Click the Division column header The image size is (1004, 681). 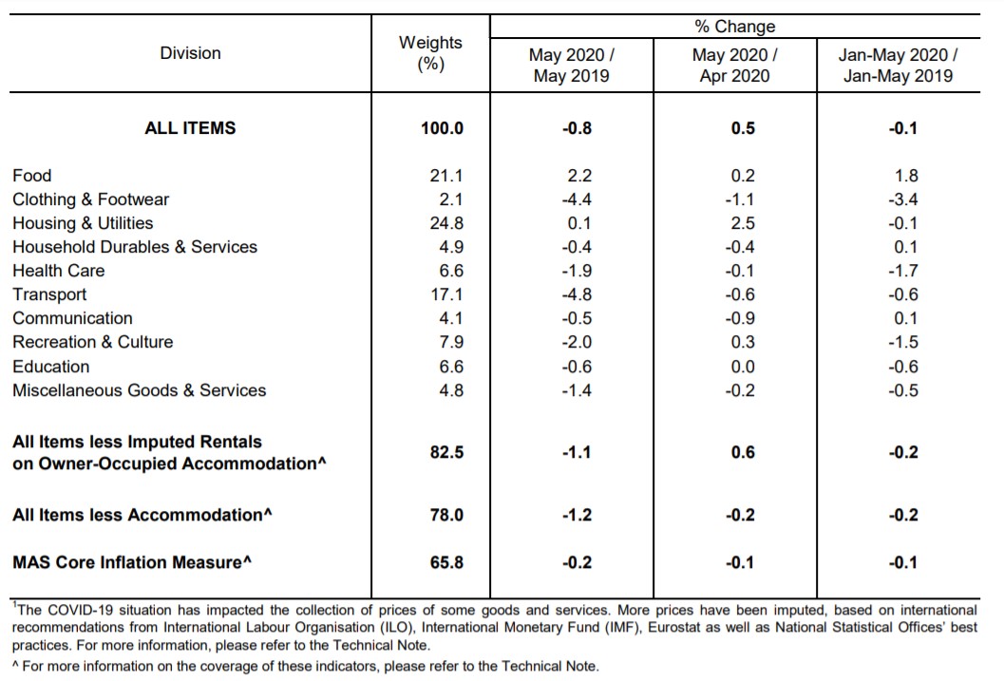190,53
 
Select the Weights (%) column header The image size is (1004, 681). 430,53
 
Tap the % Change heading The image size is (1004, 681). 734,27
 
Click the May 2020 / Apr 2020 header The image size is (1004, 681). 734,66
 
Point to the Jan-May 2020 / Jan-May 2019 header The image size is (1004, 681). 898,66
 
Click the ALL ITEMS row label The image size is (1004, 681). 190,128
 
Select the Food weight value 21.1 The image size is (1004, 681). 446,176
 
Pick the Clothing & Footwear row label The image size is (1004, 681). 91,199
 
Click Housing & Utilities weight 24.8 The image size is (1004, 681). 446,223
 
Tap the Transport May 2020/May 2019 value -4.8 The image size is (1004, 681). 577,294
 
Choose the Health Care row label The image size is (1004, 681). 58,271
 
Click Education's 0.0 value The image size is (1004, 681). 743,367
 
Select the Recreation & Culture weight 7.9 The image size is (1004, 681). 451,343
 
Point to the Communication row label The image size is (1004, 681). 72,318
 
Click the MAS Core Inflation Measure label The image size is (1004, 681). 132,562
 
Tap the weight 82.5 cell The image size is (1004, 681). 446,452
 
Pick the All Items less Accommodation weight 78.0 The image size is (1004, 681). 446,515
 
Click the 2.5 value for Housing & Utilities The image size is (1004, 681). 743,223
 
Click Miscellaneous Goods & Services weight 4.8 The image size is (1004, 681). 451,390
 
